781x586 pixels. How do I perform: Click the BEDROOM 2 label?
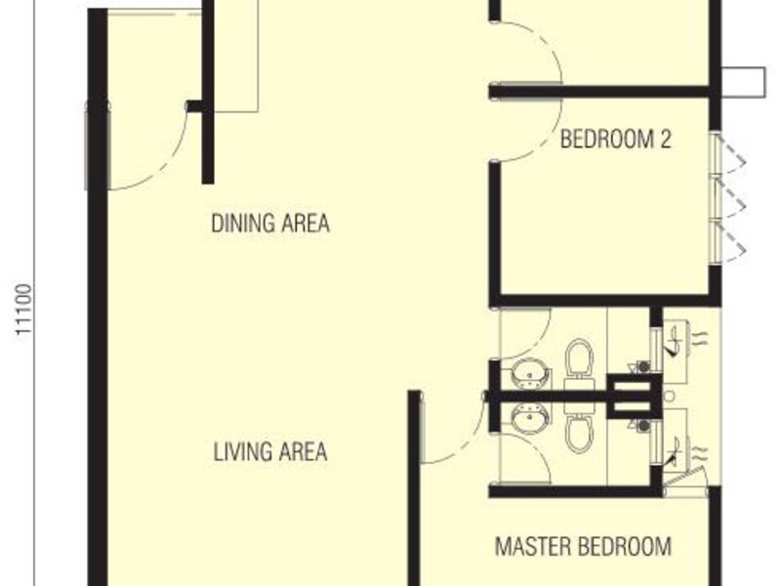click(616, 140)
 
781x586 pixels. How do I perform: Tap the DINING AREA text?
click(270, 224)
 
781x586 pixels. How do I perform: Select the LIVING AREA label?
click(269, 453)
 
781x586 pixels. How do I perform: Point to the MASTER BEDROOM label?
click(583, 546)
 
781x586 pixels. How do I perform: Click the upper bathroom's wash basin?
click(530, 372)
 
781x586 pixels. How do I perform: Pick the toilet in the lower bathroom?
click(579, 431)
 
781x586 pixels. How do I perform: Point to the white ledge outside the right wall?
click(747, 81)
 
